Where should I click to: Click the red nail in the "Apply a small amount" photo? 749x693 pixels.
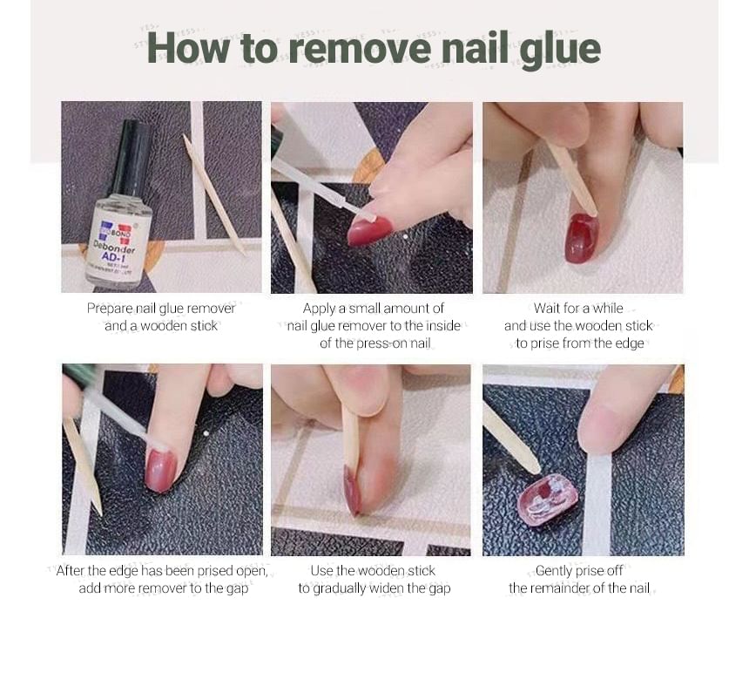[x=368, y=231]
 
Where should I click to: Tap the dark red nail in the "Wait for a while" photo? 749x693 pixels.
[x=581, y=237]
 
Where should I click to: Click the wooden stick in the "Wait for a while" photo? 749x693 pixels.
[x=571, y=179]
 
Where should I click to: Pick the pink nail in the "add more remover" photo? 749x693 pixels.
[x=161, y=471]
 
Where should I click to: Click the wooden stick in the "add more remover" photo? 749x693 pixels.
[x=82, y=466]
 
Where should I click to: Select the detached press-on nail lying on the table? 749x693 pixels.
[x=548, y=498]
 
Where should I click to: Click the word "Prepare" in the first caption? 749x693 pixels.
[x=109, y=309]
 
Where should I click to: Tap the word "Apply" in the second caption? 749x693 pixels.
[x=319, y=309]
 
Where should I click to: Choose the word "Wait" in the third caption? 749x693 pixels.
[x=547, y=309]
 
